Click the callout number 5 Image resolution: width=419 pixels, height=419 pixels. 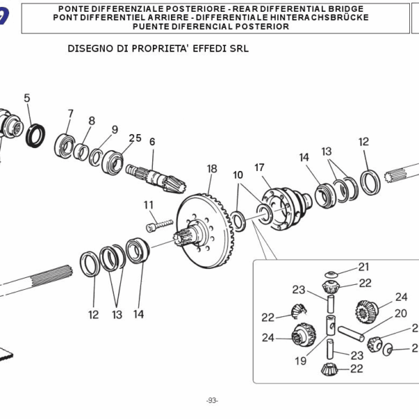click(27, 98)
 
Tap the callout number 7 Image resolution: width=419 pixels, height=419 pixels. click(71, 114)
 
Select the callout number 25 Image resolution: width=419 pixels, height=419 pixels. click(135, 138)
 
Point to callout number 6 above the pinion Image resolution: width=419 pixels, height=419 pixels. click(152, 142)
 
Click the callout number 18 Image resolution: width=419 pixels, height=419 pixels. click(212, 169)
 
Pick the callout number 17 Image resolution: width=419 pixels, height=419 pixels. click(259, 168)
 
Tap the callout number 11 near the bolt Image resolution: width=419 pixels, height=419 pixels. click(148, 205)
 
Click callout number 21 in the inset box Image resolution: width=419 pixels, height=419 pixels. click(364, 267)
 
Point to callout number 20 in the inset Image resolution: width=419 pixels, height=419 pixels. click(400, 314)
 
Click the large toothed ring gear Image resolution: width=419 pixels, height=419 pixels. click(209, 227)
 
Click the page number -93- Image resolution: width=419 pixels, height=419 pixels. click(212, 400)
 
